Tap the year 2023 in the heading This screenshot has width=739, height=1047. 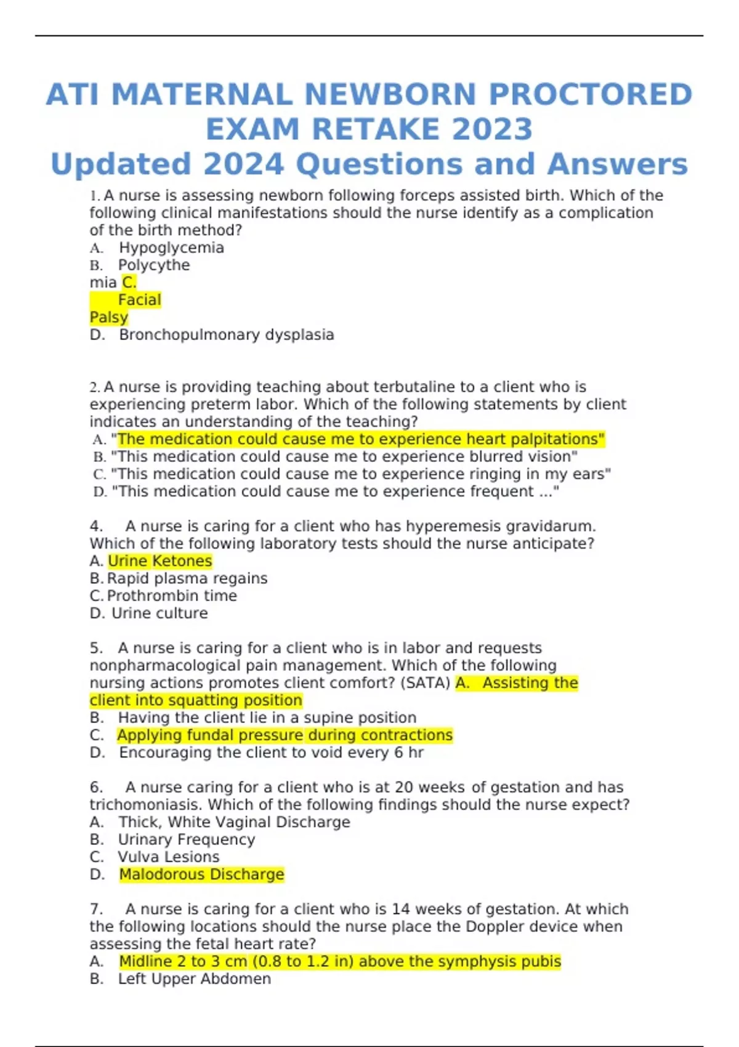(492, 129)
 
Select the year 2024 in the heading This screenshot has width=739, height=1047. (243, 164)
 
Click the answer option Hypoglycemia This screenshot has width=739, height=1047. (171, 248)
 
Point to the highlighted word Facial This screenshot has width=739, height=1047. (139, 300)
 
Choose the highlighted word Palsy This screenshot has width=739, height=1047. (109, 317)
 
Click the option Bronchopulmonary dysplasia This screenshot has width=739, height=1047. (226, 334)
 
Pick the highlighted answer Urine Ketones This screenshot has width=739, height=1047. (160, 561)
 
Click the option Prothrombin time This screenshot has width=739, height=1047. (172, 596)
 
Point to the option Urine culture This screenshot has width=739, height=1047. (160, 613)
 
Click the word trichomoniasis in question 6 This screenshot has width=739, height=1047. (145, 805)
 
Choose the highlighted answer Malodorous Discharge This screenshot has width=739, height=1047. (201, 875)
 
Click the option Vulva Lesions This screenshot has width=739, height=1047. (168, 857)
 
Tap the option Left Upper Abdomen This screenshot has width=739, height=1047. (194, 979)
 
